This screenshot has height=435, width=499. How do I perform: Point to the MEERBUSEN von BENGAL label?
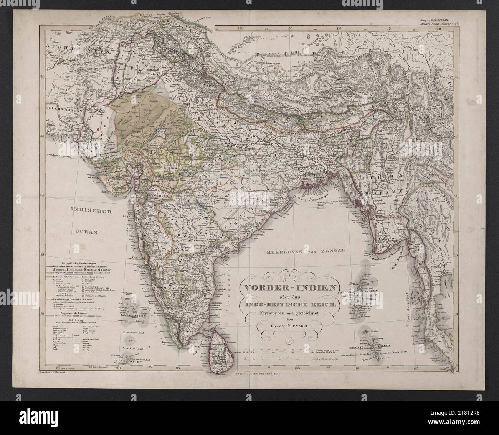click(306, 251)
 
